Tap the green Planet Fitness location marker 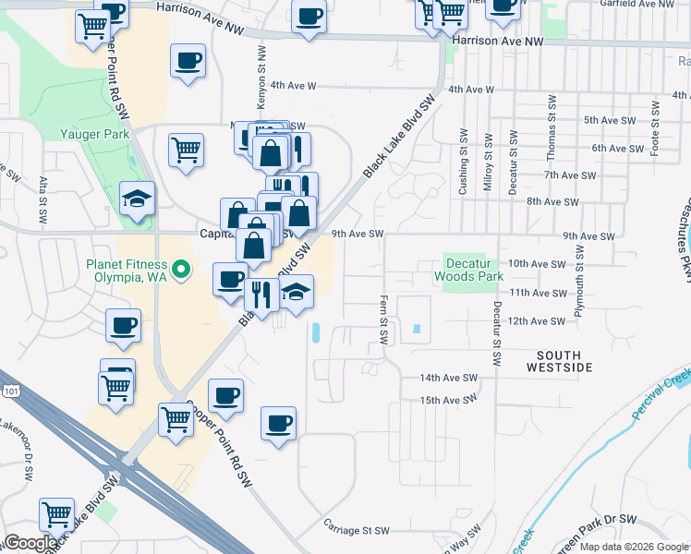click(x=182, y=270)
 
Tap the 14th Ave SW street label click(x=448, y=379)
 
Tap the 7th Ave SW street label click(x=570, y=175)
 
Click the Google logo click(x=31, y=542)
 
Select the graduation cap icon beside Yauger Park click(x=138, y=199)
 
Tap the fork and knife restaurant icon click(x=261, y=295)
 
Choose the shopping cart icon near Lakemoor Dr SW click(x=56, y=513)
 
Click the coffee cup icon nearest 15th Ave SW click(x=278, y=424)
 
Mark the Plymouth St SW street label click(x=579, y=282)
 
